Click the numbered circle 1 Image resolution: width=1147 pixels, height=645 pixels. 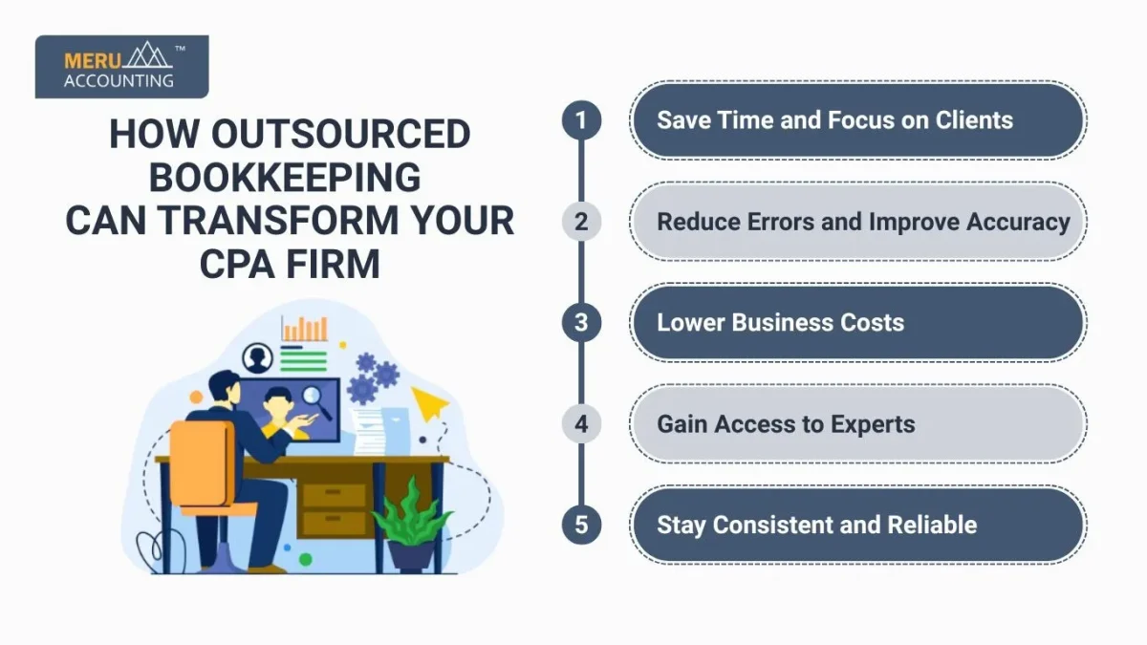click(x=581, y=120)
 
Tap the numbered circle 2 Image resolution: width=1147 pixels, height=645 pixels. click(x=581, y=221)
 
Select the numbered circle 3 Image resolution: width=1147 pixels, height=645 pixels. click(x=581, y=323)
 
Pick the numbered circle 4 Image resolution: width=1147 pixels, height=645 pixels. click(x=581, y=424)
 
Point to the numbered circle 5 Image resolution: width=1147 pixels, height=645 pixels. click(x=581, y=525)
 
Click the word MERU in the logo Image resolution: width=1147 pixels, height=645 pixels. click(x=93, y=61)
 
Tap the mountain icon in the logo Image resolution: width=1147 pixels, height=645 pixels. click(x=147, y=54)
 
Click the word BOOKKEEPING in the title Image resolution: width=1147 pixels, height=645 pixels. click(x=285, y=178)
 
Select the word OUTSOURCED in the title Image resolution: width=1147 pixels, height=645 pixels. click(x=340, y=134)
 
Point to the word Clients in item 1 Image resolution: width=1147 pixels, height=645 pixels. click(x=974, y=120)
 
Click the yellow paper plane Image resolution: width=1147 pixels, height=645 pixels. click(x=429, y=402)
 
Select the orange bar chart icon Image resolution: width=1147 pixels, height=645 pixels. click(x=304, y=329)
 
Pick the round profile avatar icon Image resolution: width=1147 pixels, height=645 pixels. click(x=257, y=357)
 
